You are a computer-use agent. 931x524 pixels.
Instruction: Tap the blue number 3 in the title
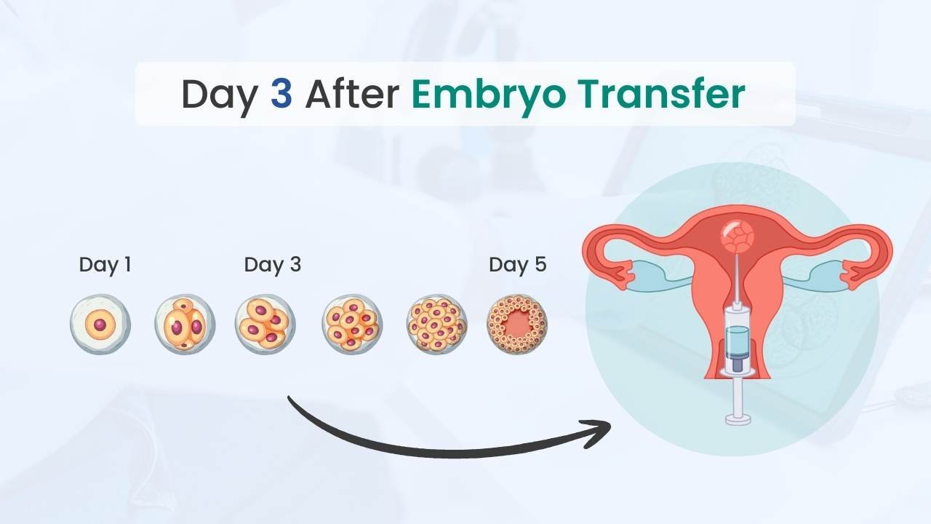(281, 95)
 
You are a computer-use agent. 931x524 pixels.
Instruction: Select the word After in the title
(351, 95)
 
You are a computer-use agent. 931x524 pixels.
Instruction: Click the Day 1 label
(105, 264)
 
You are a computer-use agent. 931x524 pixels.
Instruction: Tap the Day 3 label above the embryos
(272, 264)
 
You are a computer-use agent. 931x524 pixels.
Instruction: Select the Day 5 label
(517, 264)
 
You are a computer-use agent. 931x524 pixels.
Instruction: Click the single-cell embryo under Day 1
(100, 324)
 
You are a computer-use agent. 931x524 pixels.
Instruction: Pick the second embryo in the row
(185, 324)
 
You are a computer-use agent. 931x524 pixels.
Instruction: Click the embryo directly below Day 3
(265, 324)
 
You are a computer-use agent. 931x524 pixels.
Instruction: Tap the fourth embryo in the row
(352, 324)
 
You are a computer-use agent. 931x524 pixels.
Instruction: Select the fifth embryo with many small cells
(436, 324)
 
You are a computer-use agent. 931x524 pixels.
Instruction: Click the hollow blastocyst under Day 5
(516, 324)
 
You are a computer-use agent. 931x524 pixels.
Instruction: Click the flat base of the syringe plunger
(738, 418)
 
